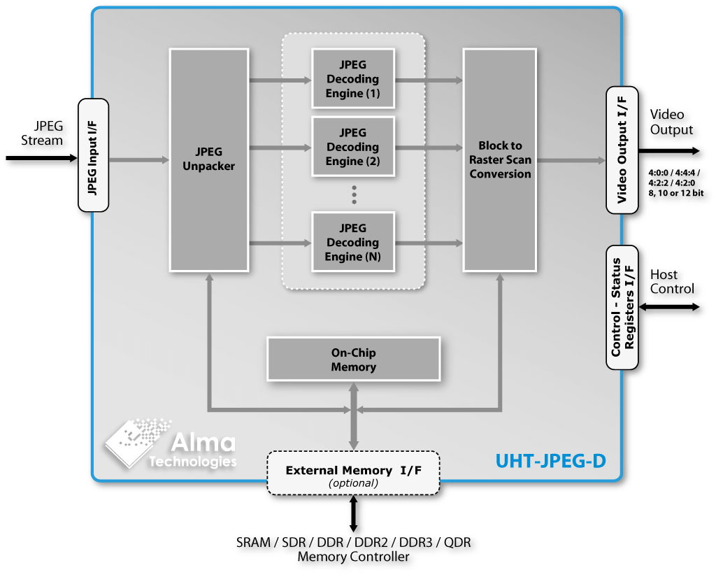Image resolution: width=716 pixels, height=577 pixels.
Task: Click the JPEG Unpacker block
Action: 209,159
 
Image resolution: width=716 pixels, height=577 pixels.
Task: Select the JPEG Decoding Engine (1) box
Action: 353,79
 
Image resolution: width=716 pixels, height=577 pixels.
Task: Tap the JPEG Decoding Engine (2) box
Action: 353,147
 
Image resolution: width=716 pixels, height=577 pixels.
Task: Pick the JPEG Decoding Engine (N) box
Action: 353,242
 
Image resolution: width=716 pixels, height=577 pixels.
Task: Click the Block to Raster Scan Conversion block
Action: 500,159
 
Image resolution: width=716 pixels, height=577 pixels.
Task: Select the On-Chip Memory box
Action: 353,359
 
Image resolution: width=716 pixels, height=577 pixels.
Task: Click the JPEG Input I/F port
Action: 93,155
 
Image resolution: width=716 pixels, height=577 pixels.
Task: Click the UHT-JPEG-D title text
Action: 550,462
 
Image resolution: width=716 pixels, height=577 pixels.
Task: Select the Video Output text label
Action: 671,122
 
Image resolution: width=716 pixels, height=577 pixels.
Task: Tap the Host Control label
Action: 672,282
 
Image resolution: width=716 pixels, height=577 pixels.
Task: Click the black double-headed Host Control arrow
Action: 670,307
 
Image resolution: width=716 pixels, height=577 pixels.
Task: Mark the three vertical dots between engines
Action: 355,194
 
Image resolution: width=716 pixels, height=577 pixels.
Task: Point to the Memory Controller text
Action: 353,557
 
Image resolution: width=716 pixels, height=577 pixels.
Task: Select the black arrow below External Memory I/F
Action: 353,514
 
